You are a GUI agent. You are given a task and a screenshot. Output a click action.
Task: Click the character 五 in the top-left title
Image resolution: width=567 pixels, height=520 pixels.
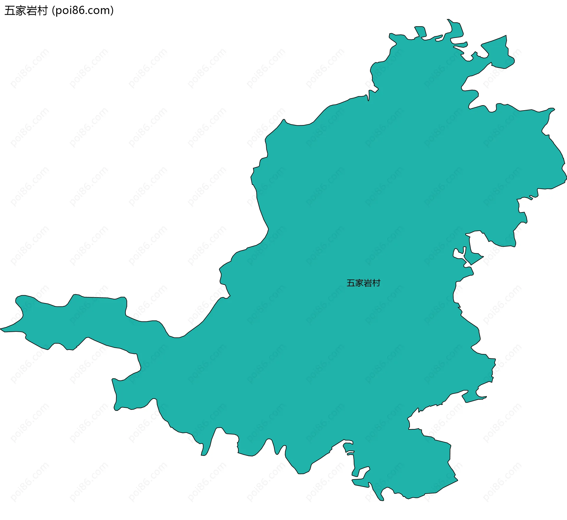pyautogui.click(x=10, y=11)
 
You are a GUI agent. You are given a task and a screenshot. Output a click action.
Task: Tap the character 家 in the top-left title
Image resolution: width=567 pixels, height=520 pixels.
pyautogui.click(x=21, y=11)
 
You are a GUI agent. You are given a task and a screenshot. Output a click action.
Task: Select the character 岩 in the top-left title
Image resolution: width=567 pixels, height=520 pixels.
pyautogui.click(x=32, y=11)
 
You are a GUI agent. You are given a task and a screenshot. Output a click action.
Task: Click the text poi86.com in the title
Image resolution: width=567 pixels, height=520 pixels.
pyautogui.click(x=82, y=11)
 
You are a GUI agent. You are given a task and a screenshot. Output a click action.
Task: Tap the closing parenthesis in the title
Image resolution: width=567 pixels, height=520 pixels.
pyautogui.click(x=112, y=11)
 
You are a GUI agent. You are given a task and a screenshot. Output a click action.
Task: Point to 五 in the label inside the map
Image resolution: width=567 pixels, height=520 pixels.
pyautogui.click(x=351, y=283)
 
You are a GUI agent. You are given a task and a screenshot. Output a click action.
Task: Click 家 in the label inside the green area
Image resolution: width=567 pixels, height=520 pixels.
pyautogui.click(x=359, y=283)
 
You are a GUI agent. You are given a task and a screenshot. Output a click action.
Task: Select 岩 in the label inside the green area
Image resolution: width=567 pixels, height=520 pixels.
pyautogui.click(x=368, y=283)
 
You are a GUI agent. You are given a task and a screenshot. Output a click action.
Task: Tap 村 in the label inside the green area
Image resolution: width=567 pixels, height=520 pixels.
pyautogui.click(x=376, y=283)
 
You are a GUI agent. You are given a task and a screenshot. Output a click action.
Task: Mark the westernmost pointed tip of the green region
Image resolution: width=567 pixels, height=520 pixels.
pyautogui.click(x=1, y=328)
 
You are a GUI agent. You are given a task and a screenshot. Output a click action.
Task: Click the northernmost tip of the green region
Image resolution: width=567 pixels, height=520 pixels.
pyautogui.click(x=448, y=19)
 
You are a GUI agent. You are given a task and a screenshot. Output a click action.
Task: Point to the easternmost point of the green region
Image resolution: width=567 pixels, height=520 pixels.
pyautogui.click(x=566, y=179)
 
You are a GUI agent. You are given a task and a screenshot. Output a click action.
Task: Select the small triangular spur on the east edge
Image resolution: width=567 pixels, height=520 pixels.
pyautogui.click(x=475, y=258)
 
